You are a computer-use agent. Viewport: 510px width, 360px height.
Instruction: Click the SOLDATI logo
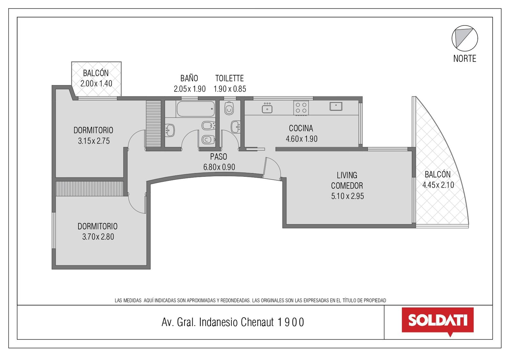tap(438, 321)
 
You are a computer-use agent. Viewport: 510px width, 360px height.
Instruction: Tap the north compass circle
tap(465, 25)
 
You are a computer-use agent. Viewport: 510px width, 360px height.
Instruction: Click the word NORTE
tap(464, 59)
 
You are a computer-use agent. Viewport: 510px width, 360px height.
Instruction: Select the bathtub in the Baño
tap(196, 109)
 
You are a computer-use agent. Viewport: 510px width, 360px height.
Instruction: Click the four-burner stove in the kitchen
tap(301, 108)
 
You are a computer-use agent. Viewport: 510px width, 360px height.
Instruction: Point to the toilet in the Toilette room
tap(229, 108)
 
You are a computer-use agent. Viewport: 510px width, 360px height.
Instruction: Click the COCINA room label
tap(301, 128)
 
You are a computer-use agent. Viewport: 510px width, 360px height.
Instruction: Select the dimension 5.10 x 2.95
tap(347, 196)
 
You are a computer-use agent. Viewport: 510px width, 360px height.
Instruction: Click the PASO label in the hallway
tap(219, 157)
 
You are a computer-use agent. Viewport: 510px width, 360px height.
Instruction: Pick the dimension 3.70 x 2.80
tap(98, 237)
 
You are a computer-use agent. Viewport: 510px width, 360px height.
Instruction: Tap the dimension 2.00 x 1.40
tap(96, 83)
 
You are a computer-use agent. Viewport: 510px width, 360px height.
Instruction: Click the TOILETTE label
tap(229, 78)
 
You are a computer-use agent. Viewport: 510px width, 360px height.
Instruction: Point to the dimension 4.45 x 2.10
tap(438, 185)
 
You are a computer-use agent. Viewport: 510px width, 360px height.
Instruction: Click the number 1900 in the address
tap(291, 322)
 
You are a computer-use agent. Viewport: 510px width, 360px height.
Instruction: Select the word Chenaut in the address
tap(257, 322)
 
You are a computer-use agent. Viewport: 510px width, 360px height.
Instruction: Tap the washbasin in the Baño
tap(170, 130)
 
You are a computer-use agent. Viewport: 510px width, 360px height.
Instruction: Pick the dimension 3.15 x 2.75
tap(94, 141)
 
